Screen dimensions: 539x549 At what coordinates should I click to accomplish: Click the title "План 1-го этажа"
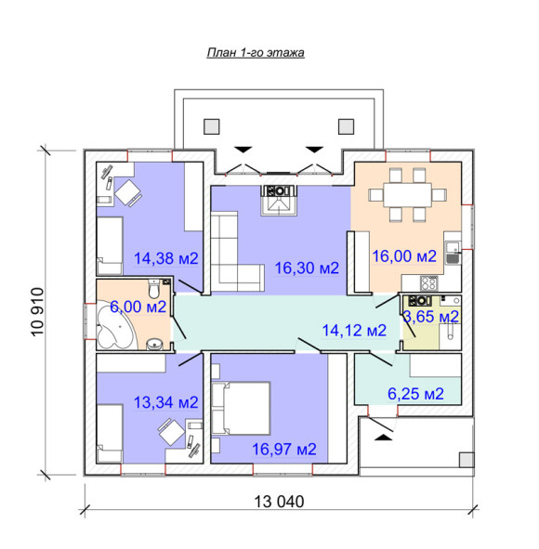256,53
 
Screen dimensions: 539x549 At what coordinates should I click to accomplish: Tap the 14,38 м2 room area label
166,258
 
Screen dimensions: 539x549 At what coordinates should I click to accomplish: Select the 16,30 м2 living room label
307,268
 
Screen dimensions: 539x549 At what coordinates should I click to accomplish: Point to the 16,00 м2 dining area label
404,256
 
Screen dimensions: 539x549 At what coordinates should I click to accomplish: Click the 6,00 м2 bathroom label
138,307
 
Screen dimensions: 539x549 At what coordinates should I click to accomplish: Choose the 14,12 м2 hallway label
354,330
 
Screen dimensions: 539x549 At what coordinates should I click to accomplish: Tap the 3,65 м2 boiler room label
431,317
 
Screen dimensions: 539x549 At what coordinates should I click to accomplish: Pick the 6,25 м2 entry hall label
415,394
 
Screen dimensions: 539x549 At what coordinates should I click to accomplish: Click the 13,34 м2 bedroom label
166,402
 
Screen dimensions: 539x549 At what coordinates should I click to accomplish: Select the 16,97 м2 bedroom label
284,450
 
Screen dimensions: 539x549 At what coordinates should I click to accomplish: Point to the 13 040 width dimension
279,502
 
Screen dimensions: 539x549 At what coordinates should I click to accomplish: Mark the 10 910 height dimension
38,311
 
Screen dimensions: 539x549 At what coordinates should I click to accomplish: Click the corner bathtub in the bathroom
115,328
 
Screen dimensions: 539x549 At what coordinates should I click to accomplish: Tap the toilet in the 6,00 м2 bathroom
153,288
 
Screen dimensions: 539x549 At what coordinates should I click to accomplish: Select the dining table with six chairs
407,195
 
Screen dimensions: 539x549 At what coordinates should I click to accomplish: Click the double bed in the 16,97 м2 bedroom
242,408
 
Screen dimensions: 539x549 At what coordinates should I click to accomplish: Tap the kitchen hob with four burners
428,283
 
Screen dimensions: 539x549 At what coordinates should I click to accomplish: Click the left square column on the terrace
212,126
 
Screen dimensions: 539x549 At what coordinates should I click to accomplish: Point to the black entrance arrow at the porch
384,438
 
